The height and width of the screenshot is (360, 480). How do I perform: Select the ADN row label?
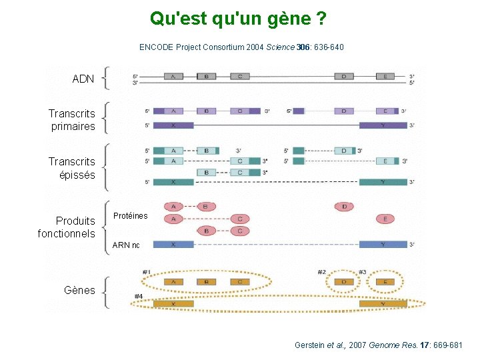tap(83, 79)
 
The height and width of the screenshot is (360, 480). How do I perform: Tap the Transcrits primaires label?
tap(72, 120)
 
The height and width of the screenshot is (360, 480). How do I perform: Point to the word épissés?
tap(77, 175)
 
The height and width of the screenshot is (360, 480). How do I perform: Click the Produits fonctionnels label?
tap(67, 227)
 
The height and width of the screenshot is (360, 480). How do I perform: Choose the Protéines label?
tap(130, 216)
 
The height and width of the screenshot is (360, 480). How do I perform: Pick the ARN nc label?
tap(126, 245)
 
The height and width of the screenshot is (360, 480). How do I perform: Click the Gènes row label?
tap(79, 290)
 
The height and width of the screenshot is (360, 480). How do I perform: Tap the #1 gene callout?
tap(146, 271)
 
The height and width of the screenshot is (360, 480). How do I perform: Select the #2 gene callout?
tap(321, 272)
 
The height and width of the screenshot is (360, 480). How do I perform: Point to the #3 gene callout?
tap(362, 272)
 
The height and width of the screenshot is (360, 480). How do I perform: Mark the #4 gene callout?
tap(139, 296)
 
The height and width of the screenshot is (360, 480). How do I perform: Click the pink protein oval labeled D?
tap(344, 207)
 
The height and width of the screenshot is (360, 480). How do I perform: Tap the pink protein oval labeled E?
tap(385, 219)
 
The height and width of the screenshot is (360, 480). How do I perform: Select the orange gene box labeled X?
tap(173, 304)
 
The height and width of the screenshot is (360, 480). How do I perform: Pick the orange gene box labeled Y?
tap(383, 304)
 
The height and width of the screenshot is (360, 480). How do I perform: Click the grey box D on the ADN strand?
tap(344, 76)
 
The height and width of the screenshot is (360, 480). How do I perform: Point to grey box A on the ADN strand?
tap(173, 76)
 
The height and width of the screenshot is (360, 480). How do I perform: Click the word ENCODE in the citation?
tap(155, 47)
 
